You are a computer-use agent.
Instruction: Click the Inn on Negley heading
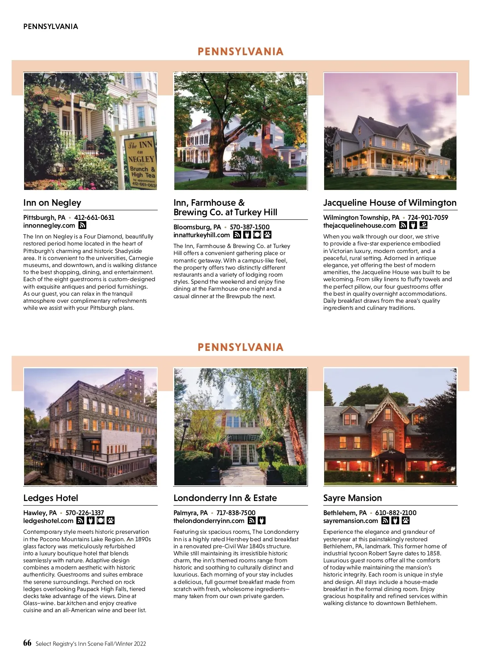[x=52, y=203]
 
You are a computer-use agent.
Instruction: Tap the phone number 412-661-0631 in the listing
[x=94, y=217]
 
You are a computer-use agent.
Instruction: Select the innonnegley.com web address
[x=49, y=225]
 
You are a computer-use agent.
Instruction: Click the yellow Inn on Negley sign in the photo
[x=140, y=161]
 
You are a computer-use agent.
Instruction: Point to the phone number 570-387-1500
[x=249, y=227]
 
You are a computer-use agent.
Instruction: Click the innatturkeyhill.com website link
[x=201, y=235]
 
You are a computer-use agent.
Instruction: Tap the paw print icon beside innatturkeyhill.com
[x=267, y=235]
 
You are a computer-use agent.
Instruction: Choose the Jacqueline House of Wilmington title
[x=390, y=203]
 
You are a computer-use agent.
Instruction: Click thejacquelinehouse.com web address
[x=359, y=225]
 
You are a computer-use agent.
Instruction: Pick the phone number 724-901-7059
[x=428, y=217]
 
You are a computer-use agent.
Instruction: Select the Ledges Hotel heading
[x=51, y=498]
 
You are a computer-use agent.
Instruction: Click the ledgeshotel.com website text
[x=48, y=521]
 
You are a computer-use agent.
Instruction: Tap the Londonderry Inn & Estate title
[x=225, y=498]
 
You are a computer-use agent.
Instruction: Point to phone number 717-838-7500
[x=236, y=513]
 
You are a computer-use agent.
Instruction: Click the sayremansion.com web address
[x=351, y=521]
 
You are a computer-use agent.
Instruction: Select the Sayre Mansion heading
[x=352, y=498]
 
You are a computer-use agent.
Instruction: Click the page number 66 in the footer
[x=27, y=643]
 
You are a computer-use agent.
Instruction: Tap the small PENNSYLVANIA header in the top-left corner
[x=51, y=27]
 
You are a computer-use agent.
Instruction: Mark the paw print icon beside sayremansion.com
[x=405, y=521]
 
